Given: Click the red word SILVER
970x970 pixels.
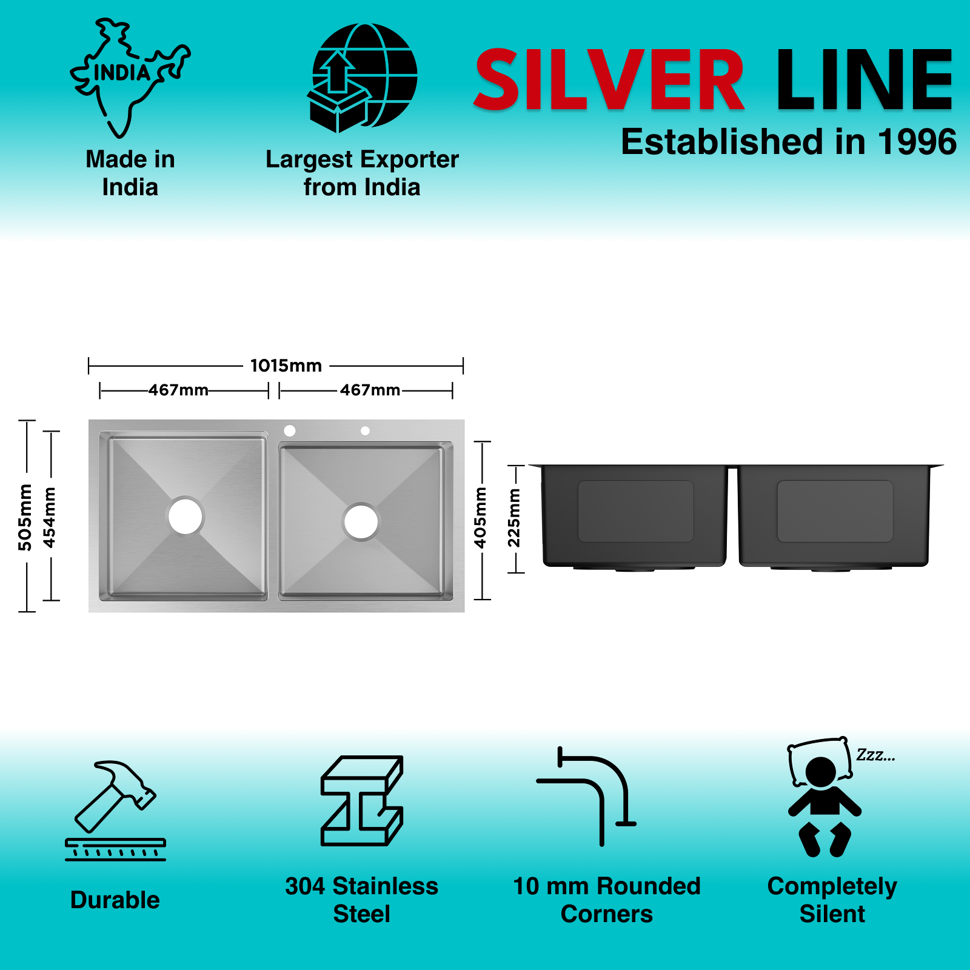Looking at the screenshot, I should click(x=609, y=81).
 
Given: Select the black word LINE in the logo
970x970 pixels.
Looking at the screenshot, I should click(x=864, y=81).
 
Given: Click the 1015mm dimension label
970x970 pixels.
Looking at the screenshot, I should click(x=286, y=366).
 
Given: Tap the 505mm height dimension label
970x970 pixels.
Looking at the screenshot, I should click(x=25, y=517).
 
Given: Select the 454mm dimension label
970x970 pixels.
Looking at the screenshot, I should click(x=50, y=517).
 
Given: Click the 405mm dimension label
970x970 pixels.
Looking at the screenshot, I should click(x=480, y=517).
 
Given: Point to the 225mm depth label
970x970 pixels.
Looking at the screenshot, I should click(x=514, y=517).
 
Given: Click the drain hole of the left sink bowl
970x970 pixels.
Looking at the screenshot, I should click(x=185, y=516).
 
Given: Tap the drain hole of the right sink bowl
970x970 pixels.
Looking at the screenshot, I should click(x=361, y=521).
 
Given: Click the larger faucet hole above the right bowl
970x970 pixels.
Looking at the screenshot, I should click(x=290, y=430).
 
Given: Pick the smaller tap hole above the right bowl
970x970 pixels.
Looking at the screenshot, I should click(x=365, y=430).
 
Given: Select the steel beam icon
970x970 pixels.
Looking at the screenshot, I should click(x=362, y=800).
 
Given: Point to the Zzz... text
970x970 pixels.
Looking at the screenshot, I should click(x=875, y=755).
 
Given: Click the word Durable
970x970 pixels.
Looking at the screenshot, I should click(x=115, y=900).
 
